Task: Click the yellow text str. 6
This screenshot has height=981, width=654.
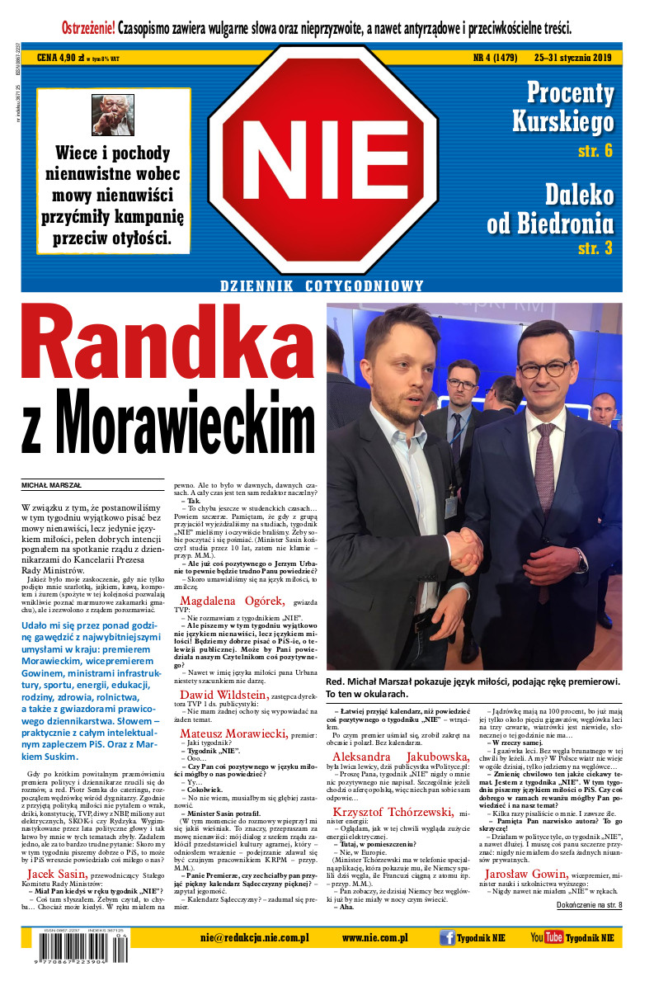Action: tap(595, 150)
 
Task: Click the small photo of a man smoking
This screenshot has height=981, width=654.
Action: tap(112, 115)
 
